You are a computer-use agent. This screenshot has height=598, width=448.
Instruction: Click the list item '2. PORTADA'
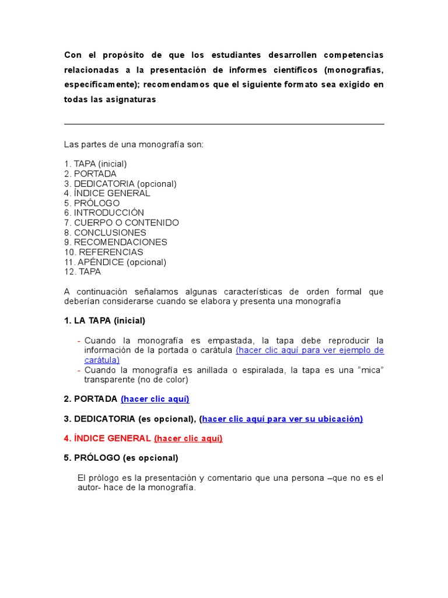click(90, 174)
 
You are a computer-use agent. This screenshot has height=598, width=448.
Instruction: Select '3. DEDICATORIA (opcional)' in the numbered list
click(120, 184)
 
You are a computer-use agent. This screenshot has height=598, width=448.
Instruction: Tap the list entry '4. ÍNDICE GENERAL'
click(107, 193)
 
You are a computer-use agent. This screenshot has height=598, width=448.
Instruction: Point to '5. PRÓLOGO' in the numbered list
click(92, 203)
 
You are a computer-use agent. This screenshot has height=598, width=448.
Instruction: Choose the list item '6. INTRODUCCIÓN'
click(104, 213)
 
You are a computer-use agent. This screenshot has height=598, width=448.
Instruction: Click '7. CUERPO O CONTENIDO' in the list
click(121, 223)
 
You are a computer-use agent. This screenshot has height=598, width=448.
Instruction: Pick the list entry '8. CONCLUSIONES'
click(105, 232)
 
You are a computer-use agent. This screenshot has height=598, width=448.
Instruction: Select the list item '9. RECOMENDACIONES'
click(116, 242)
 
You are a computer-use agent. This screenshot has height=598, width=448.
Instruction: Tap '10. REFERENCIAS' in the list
click(103, 252)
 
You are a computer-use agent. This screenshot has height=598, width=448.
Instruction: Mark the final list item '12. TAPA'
click(82, 272)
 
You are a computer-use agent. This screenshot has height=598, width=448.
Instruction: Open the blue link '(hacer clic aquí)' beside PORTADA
click(155, 399)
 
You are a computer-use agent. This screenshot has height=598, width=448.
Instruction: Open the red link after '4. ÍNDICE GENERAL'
click(188, 439)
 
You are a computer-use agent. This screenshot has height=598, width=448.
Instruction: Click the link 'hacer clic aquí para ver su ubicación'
click(282, 419)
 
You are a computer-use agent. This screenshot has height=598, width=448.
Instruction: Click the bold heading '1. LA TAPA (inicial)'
click(104, 321)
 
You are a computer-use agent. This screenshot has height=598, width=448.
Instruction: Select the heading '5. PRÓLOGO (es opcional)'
click(121, 458)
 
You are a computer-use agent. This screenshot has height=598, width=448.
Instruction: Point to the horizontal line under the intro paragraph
click(224, 124)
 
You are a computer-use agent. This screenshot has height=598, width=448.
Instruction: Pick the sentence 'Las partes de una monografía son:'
click(134, 144)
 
